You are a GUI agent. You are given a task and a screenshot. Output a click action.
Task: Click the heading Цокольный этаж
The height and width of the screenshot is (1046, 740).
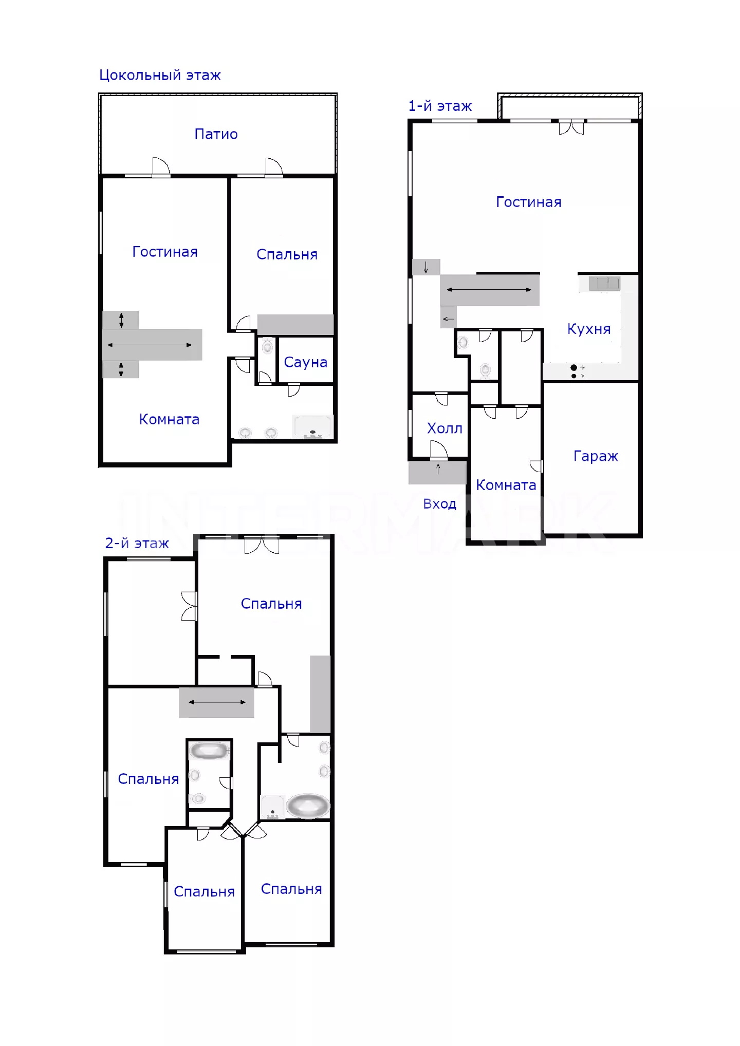[x=160, y=76]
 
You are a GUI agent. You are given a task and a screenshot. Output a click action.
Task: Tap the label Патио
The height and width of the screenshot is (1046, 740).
[x=216, y=135]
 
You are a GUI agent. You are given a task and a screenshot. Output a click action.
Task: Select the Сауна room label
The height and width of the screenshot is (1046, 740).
[x=305, y=363]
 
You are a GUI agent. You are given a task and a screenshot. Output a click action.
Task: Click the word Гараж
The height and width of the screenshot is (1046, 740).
[x=596, y=456]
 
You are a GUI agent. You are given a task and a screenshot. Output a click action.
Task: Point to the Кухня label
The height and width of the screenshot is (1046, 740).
[x=589, y=329]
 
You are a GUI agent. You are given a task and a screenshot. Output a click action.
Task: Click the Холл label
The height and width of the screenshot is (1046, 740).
[x=445, y=428]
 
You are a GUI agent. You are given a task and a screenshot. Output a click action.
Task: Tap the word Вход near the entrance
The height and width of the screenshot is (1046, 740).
[x=439, y=504]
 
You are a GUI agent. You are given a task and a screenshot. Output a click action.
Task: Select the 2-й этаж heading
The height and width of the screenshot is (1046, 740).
[x=137, y=544]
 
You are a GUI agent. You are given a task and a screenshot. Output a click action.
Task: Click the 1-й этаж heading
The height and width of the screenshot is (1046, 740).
[x=440, y=106]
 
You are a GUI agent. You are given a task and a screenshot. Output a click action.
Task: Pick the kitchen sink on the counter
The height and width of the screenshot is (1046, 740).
[x=604, y=284]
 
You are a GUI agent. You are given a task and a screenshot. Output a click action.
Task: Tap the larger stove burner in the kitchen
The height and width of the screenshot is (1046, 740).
[x=573, y=367]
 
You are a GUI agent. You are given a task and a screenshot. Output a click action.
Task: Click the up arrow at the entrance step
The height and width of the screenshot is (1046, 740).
[x=438, y=469]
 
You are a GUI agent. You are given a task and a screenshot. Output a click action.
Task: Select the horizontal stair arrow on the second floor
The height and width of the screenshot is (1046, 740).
[x=217, y=702]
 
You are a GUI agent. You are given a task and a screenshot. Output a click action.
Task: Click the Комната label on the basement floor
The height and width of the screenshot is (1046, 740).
[x=169, y=420]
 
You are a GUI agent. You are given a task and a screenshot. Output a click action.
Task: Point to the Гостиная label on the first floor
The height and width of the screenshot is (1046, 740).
[x=528, y=202]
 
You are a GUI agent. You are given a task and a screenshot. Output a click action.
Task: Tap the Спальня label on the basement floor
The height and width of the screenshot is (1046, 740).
[x=287, y=255]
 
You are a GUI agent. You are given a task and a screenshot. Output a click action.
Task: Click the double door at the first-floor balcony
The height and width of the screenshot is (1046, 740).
[x=571, y=127]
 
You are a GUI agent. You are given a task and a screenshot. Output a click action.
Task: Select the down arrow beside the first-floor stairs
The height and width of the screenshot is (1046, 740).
[x=425, y=267]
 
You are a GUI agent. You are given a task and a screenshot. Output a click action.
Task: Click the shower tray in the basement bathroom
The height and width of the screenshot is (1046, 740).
[x=312, y=427]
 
